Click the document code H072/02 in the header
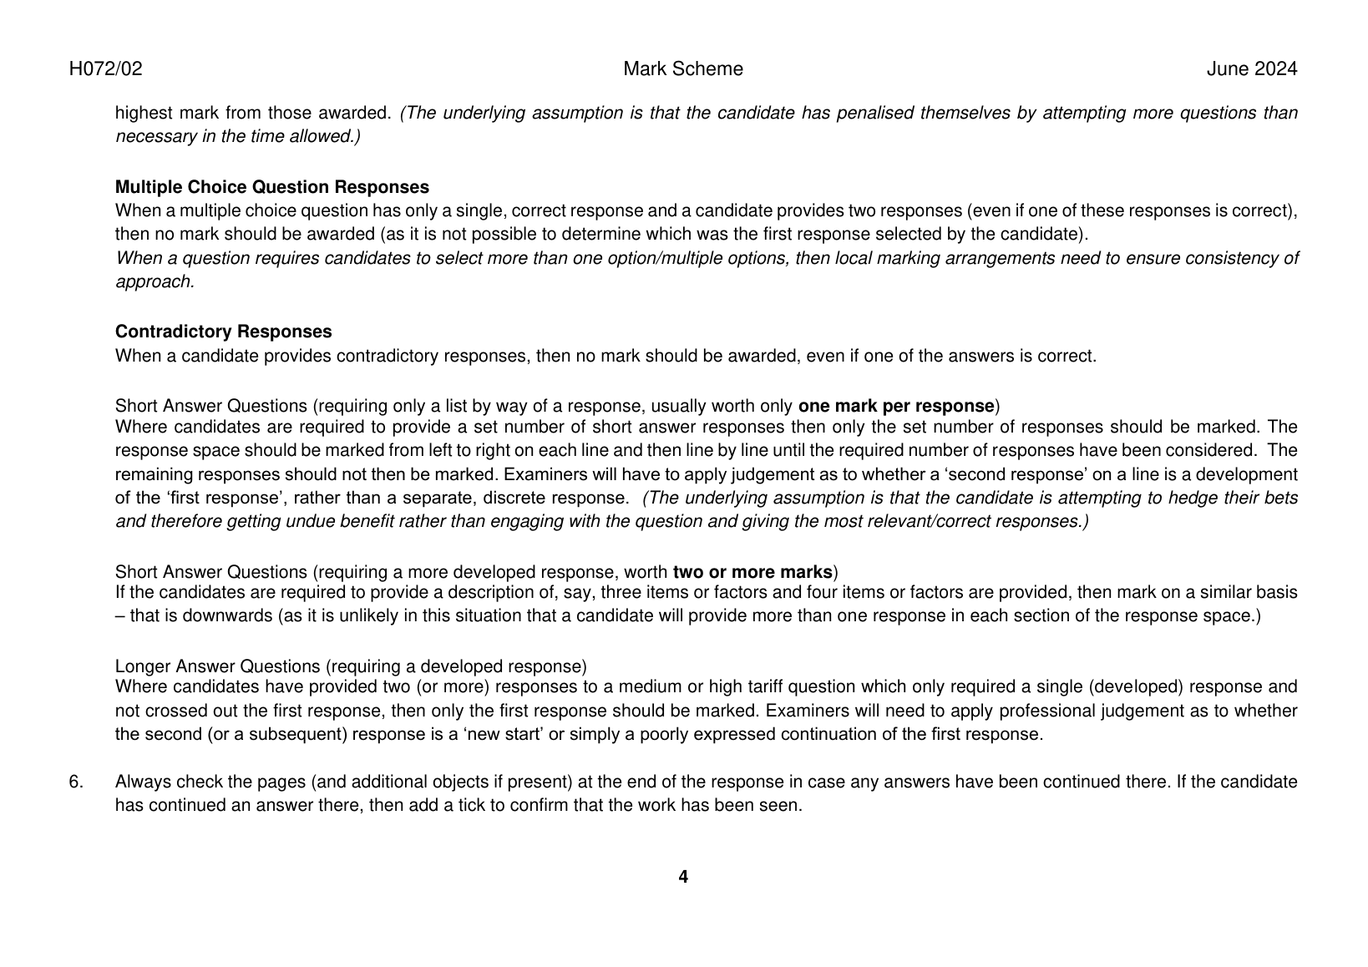(x=105, y=69)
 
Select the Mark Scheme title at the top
(x=682, y=69)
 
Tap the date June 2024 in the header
(x=1251, y=69)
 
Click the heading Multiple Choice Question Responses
(x=271, y=187)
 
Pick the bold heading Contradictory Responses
(x=223, y=332)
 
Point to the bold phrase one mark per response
(x=896, y=407)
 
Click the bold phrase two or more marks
(x=752, y=572)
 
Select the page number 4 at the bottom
(x=683, y=877)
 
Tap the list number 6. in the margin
(x=76, y=782)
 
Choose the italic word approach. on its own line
(x=155, y=282)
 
